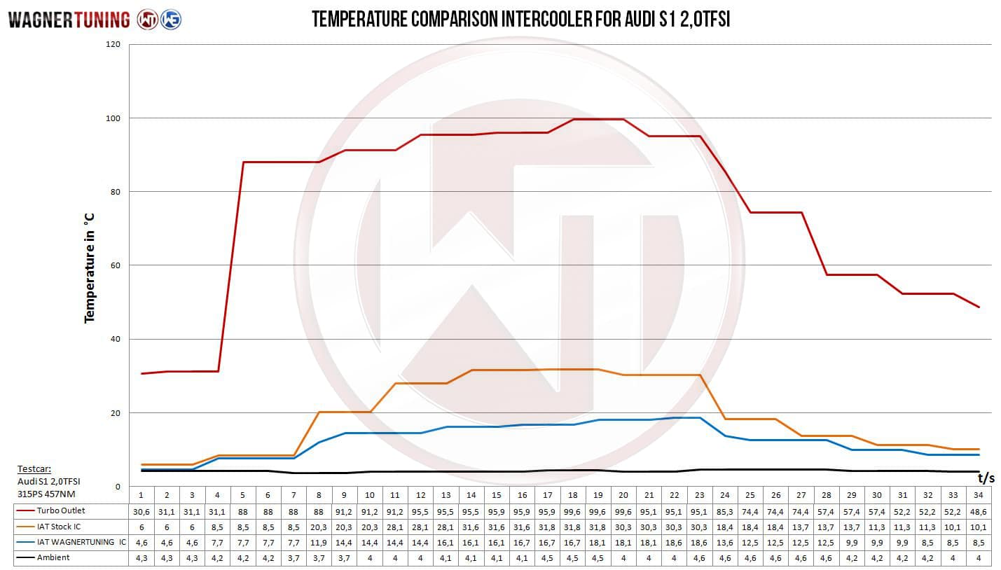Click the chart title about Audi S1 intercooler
click(x=520, y=19)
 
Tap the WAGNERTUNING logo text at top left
click(x=69, y=20)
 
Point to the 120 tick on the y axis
click(x=113, y=45)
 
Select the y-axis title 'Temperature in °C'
click(x=89, y=268)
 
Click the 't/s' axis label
click(x=986, y=479)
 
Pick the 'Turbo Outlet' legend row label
click(x=61, y=510)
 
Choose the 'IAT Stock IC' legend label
click(x=61, y=526)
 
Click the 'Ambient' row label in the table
click(x=53, y=557)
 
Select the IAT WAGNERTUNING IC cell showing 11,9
click(x=319, y=542)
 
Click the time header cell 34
click(x=979, y=494)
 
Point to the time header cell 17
click(x=547, y=494)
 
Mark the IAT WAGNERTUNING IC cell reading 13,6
click(x=724, y=542)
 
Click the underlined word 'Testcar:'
click(x=35, y=469)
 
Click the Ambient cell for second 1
click(x=141, y=557)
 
